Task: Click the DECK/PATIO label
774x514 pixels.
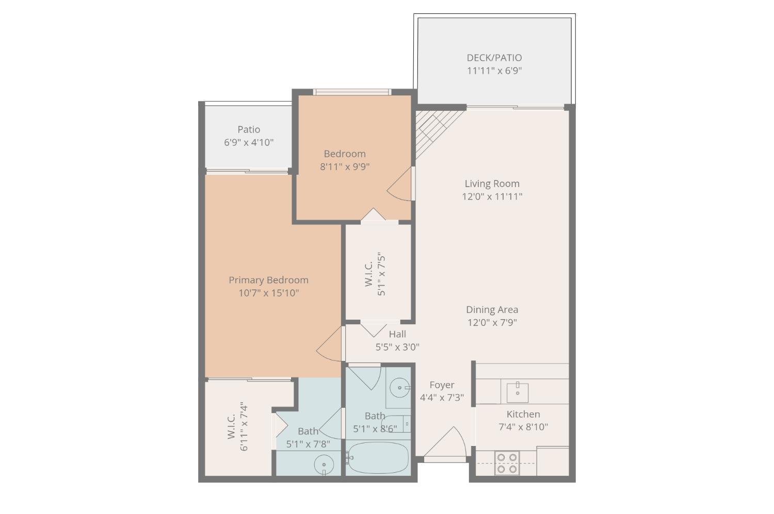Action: coord(494,58)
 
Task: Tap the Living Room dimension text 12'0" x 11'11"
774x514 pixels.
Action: coord(492,196)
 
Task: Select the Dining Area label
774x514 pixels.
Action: coord(492,310)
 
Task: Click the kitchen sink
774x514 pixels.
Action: coord(517,392)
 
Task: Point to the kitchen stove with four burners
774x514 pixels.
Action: coord(507,462)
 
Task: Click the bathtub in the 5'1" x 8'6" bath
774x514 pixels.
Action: coord(378,457)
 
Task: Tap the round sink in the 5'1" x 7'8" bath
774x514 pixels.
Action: coord(324,465)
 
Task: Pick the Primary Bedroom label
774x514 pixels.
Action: coord(268,280)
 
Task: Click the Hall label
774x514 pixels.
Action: coord(397,334)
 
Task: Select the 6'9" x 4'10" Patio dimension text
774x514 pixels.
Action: coord(249,142)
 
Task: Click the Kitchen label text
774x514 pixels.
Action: coord(523,414)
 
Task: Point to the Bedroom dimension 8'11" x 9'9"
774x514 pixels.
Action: coord(345,167)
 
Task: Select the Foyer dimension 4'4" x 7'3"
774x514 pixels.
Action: coord(442,397)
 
